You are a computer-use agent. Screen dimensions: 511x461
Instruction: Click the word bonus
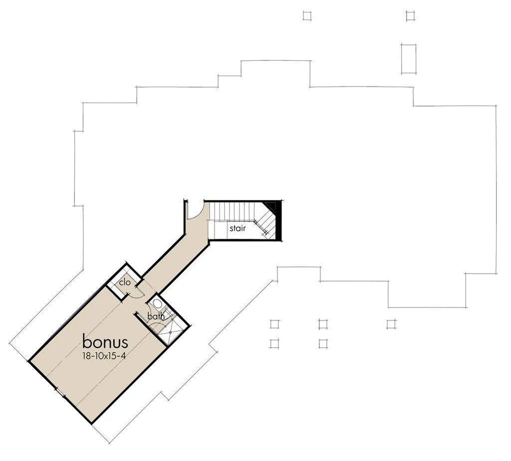tap(105, 341)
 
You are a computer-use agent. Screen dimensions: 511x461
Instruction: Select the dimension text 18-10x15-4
tap(104, 356)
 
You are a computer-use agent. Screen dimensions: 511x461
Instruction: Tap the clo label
tap(125, 282)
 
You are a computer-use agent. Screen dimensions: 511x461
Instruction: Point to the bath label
tap(156, 316)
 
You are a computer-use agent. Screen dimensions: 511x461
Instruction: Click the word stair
tap(238, 228)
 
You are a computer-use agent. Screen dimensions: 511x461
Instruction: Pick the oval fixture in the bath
tap(157, 304)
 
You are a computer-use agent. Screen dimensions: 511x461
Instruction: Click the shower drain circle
tap(170, 332)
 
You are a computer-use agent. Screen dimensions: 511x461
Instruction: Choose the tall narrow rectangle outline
tap(409, 59)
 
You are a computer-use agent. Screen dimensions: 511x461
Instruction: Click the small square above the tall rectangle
tap(410, 15)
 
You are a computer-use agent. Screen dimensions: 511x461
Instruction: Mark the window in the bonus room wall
tap(60, 392)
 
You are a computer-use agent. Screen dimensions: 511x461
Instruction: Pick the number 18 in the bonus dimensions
tap(86, 356)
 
